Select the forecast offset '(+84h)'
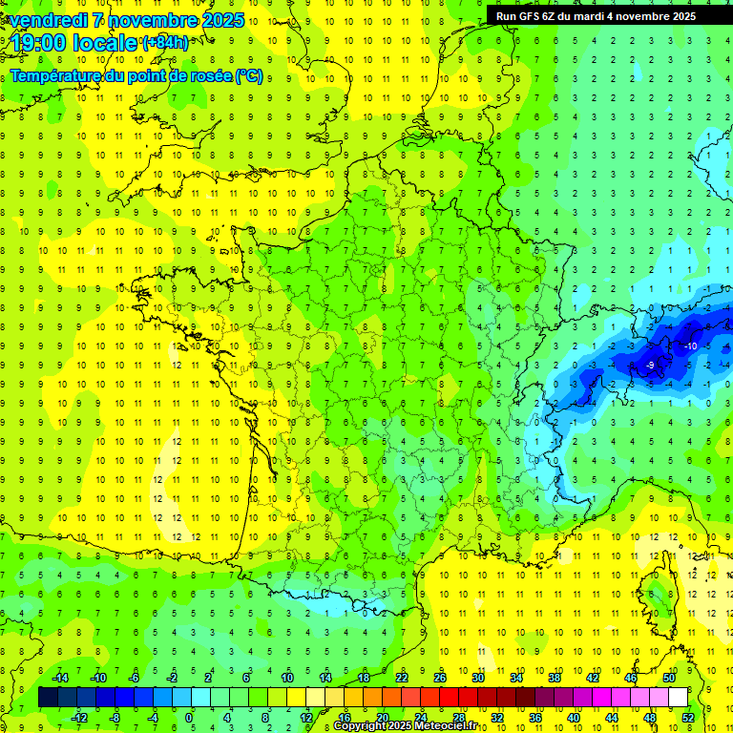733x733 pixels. coord(165,43)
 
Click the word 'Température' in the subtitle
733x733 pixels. coord(58,75)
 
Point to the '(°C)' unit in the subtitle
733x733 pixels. coord(249,75)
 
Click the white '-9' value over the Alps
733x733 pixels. coord(649,365)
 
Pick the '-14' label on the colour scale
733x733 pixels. coord(59,678)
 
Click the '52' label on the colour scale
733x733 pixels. coord(688,717)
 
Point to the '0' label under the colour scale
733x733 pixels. coord(189,717)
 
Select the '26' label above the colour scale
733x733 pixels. coord(440,678)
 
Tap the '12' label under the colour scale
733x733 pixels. coord(305,717)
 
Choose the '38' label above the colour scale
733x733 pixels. coord(554,678)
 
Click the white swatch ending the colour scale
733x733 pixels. coord(678,698)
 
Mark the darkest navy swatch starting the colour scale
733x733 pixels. coord(48,698)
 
